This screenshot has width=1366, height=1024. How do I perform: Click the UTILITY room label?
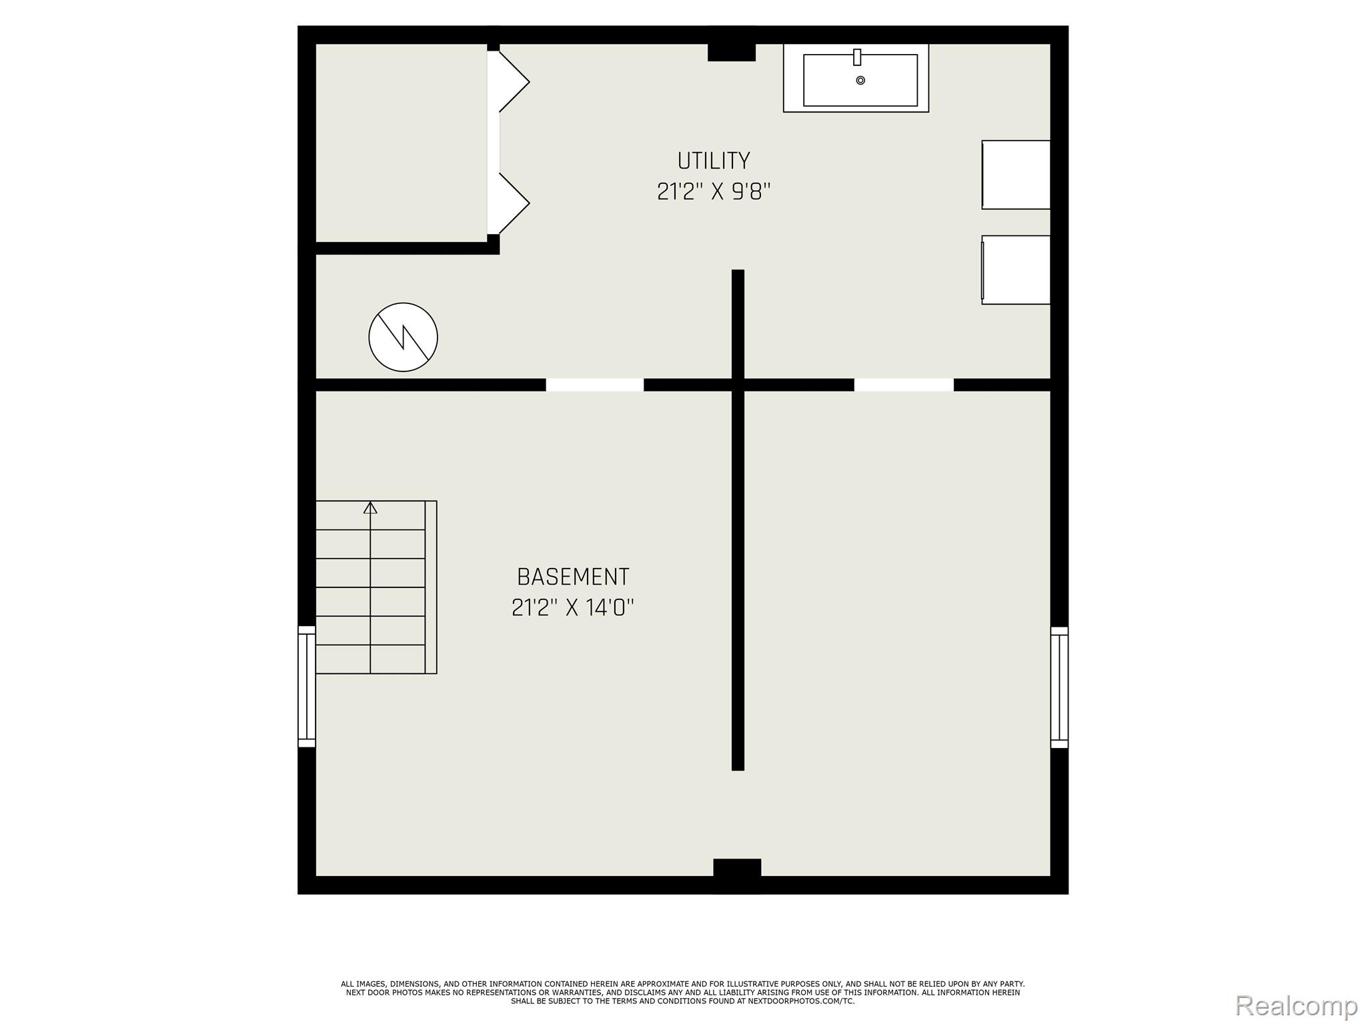pos(713,161)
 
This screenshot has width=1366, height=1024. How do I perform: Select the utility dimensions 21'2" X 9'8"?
pos(713,192)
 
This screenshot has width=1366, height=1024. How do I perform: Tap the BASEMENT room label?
pos(572,577)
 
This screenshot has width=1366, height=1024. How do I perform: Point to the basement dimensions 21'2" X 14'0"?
pos(572,608)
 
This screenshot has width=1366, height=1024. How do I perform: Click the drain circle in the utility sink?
pos(860,81)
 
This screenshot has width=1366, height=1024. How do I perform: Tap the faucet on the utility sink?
pos(857,57)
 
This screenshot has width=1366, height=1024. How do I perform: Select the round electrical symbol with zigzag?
pos(403,337)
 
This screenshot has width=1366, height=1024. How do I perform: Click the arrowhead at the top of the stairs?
pos(370,508)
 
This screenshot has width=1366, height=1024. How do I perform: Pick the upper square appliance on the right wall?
pos(1016,175)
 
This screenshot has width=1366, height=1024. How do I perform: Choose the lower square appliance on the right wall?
pos(1016,269)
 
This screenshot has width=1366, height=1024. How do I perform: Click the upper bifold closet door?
pos(514,81)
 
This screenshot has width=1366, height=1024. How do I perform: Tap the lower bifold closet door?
pos(514,203)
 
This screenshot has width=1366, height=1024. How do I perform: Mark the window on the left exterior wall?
pos(306,686)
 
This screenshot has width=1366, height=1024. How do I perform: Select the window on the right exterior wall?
pos(1059,687)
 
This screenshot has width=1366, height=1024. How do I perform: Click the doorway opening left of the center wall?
pos(594,385)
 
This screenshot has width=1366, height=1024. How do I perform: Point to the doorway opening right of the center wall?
pos(904,385)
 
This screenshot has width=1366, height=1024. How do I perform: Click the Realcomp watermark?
pos(1296,1005)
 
